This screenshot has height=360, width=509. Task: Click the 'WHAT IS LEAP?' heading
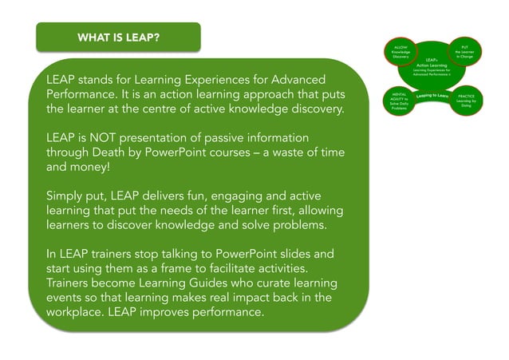tap(117, 38)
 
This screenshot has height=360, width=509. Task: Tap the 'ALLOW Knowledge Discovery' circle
tap(401, 53)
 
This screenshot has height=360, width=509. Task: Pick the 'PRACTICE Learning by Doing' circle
tap(466, 101)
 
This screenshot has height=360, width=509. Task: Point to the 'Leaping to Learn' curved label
tap(432, 97)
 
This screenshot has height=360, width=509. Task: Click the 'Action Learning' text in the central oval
tap(432, 65)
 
